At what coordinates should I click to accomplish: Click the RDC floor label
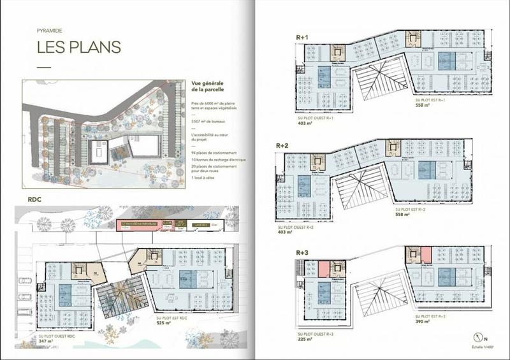click(x=35, y=198)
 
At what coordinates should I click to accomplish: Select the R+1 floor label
click(x=302, y=38)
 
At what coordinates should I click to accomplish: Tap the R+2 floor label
click(x=282, y=146)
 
